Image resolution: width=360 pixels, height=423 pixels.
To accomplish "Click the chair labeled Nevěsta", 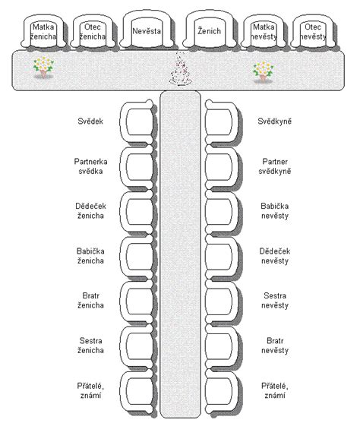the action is [147, 30].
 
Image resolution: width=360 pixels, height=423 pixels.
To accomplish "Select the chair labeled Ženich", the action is [209, 30].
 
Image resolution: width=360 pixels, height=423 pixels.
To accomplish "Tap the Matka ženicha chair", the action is [43, 32].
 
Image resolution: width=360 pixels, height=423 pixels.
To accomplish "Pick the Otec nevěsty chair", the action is [313, 32].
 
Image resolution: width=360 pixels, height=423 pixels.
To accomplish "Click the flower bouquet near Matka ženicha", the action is [43, 67].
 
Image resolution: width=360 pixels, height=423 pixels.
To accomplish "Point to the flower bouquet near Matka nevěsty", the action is [263, 71].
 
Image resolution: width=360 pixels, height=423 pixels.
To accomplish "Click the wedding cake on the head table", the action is [179, 70].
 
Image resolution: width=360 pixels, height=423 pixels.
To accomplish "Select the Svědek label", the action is [90, 121].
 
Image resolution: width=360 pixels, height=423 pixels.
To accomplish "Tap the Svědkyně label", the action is [274, 121].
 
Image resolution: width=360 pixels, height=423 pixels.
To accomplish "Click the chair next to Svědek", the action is [137, 122].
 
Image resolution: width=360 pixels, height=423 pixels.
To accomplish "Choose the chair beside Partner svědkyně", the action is [223, 167].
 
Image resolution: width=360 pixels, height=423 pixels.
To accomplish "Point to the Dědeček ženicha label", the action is [90, 210].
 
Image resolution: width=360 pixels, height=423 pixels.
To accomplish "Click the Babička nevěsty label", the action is [275, 210].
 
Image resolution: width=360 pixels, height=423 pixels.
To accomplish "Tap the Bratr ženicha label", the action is [90, 300].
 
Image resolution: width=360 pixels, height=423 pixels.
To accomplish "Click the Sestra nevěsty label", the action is [275, 300].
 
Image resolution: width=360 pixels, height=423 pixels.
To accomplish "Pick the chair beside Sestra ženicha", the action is [137, 347].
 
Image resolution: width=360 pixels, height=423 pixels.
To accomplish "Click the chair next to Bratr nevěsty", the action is [223, 347].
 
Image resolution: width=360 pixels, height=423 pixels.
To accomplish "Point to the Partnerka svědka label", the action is [90, 166].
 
